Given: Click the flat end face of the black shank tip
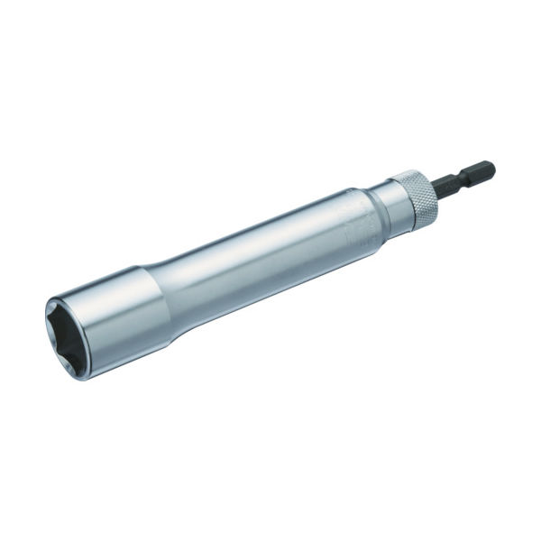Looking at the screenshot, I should click(492, 166).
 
